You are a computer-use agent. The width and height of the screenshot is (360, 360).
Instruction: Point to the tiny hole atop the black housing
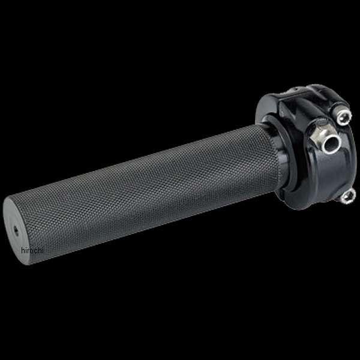292,90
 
